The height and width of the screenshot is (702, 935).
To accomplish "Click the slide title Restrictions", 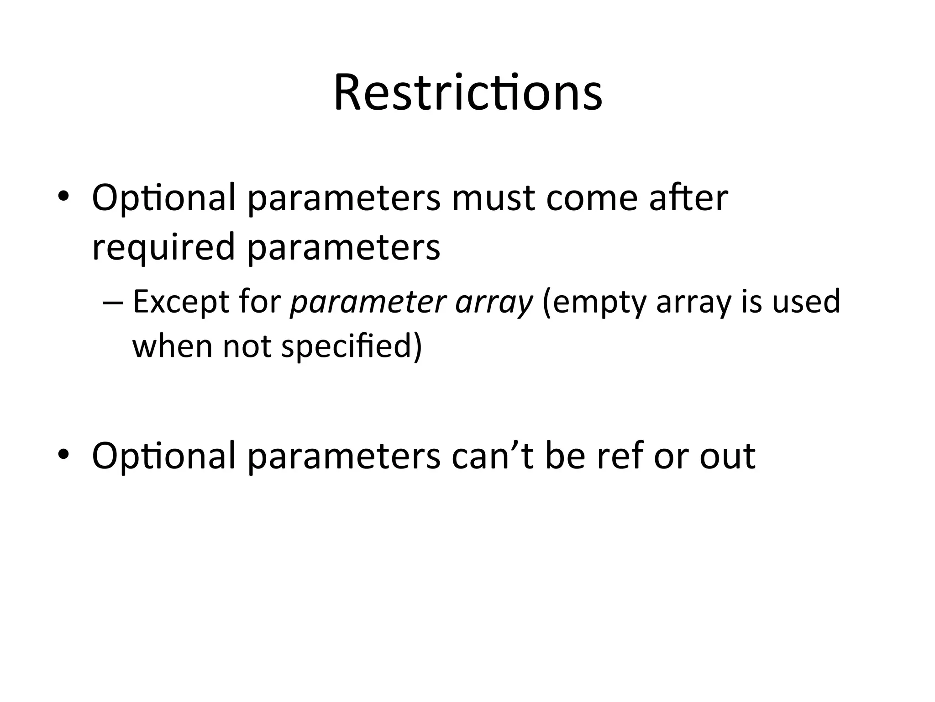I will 467,94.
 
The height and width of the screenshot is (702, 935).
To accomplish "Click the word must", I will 493,198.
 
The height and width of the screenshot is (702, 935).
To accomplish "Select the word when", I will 172,346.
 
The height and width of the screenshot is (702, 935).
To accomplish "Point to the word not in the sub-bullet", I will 247,346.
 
